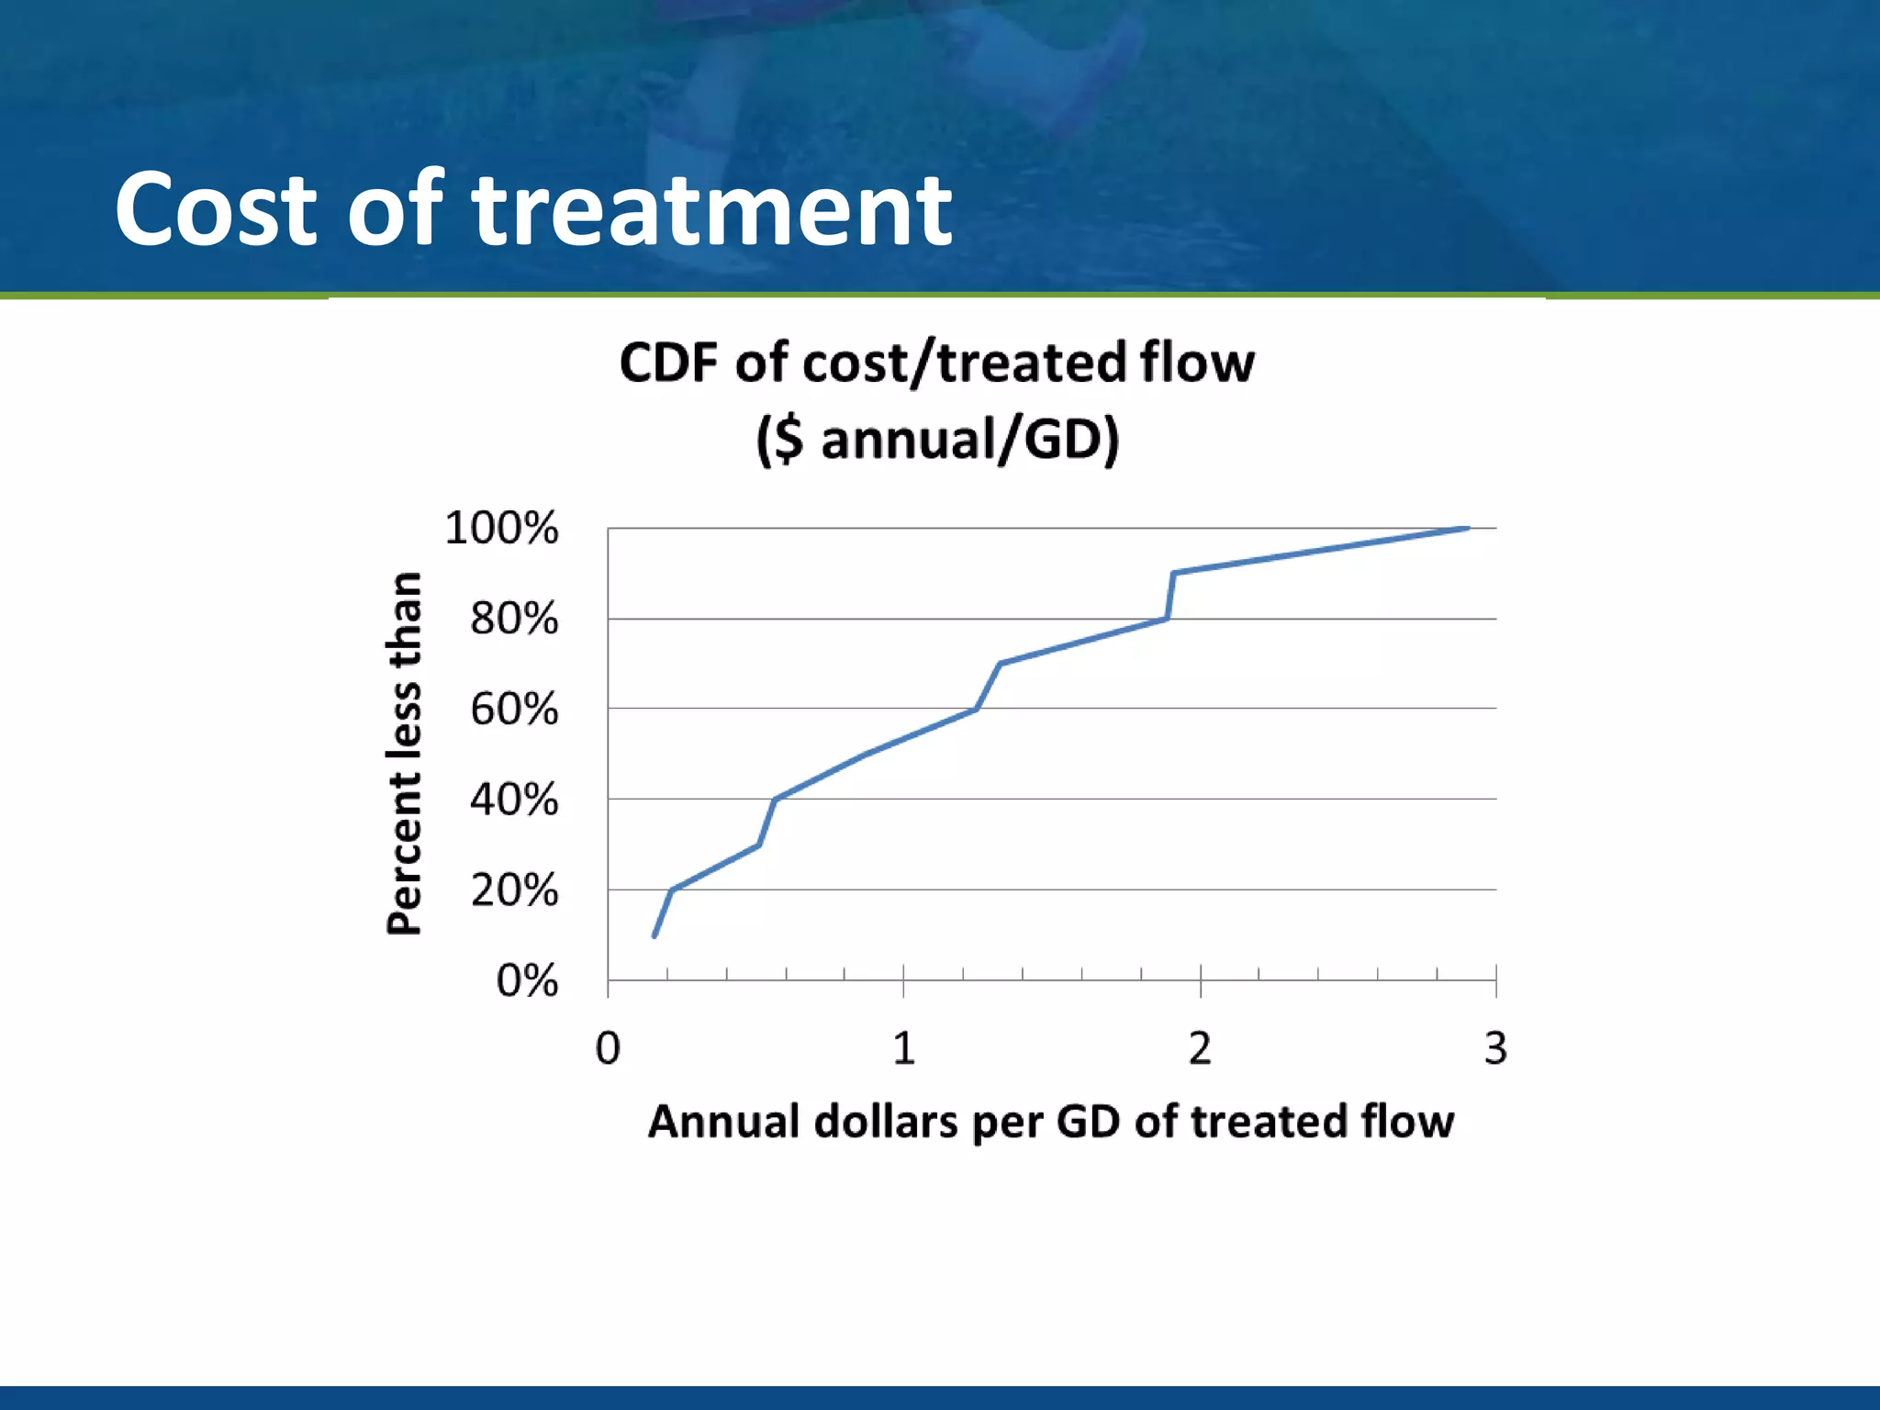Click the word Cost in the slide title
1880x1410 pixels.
point(216,209)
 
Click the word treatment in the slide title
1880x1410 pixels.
point(711,209)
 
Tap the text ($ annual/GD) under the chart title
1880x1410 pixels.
point(937,439)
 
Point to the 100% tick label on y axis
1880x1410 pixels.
point(501,529)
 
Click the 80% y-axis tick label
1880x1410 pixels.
point(514,619)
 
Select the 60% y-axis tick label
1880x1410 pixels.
point(514,710)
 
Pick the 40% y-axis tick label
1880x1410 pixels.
point(514,800)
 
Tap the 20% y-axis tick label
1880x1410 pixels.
point(514,890)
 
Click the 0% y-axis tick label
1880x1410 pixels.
point(527,980)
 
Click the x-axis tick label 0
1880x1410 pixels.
point(608,1048)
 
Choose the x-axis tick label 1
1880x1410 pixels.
point(904,1048)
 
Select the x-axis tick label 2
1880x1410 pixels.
point(1200,1048)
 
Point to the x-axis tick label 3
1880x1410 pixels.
point(1495,1048)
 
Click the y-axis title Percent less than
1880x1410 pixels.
point(404,753)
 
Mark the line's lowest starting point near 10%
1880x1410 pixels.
point(654,935)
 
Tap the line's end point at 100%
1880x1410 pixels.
point(1467,529)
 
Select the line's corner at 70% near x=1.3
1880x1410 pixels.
point(1000,663)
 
